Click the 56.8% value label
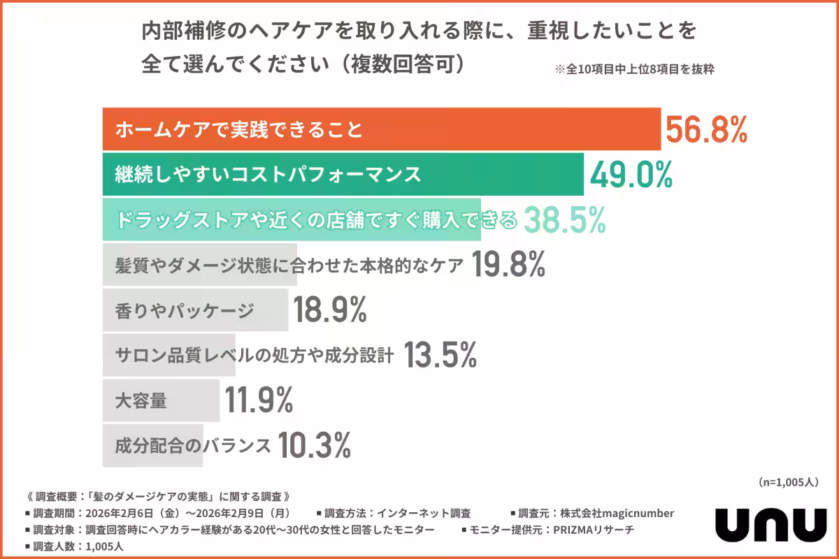point(706,130)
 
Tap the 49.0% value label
point(631,175)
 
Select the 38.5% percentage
point(564,220)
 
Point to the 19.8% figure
point(508,266)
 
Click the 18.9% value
point(329,310)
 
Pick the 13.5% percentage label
point(440,356)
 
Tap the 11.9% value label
point(259,400)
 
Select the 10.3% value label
point(315,445)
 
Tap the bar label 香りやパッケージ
point(184,311)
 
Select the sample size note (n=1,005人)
point(787,482)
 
